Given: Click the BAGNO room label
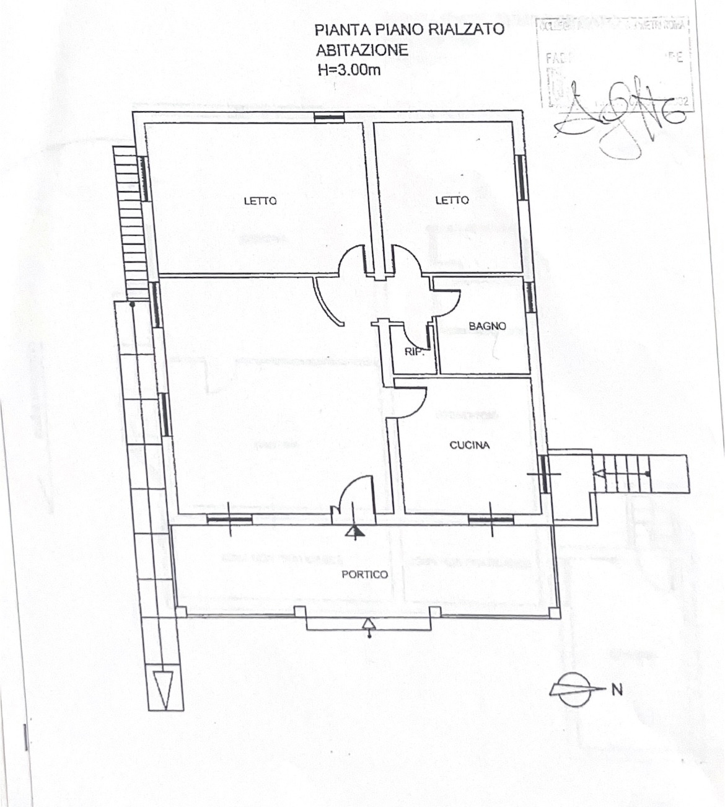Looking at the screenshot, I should tap(487, 326).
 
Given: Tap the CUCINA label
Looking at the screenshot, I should tap(469, 445).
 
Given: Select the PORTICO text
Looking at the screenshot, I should tap(364, 575).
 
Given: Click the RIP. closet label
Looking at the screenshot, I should tap(414, 351).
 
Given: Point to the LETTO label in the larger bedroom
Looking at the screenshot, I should tap(260, 201).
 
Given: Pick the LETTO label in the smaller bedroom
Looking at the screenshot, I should tap(452, 200).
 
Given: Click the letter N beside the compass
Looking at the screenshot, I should tap(617, 689).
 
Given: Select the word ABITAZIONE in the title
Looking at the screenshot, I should tap(362, 50).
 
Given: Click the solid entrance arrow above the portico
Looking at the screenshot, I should tap(354, 531).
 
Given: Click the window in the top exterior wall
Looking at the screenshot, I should tap(328, 117).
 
